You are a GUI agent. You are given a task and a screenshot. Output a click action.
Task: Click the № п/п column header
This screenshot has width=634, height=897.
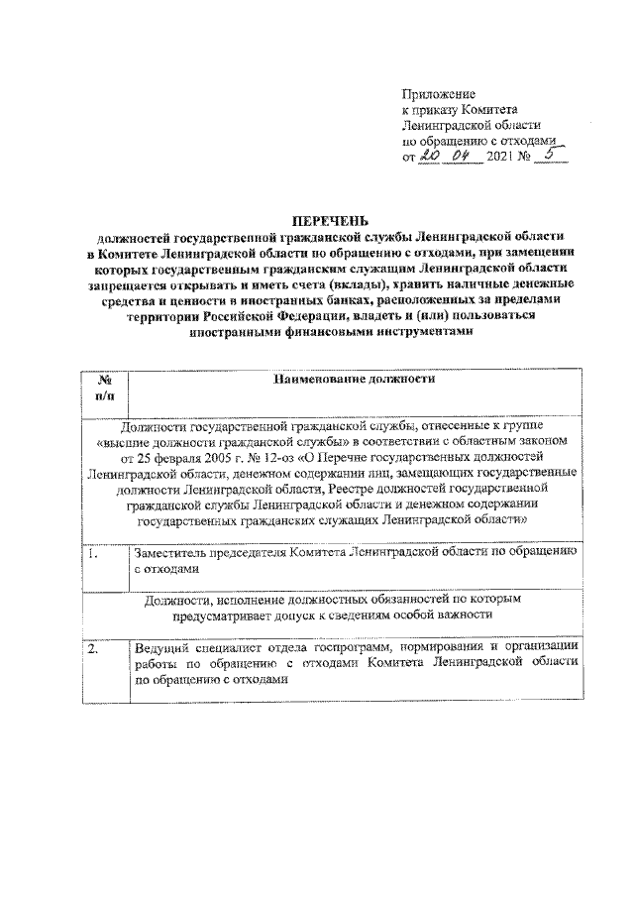tap(105, 387)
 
